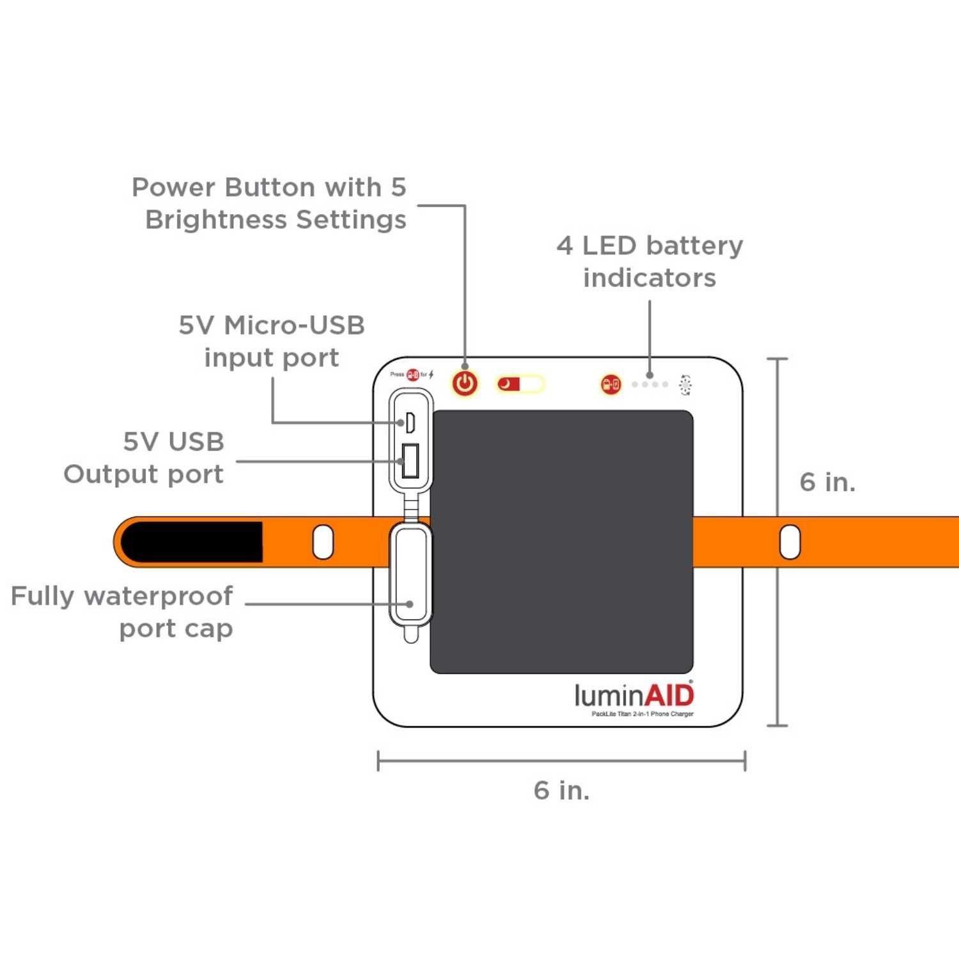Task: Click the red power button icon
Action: [x=465, y=384]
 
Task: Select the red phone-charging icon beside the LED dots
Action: [x=611, y=384]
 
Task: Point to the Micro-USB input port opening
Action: [x=410, y=422]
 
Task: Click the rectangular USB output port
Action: [x=410, y=461]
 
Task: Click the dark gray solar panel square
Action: [x=562, y=542]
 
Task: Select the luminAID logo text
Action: [x=634, y=695]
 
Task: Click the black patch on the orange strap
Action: [x=192, y=542]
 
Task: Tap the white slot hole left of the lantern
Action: [x=323, y=542]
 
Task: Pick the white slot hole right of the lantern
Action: [x=790, y=542]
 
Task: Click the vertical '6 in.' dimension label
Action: [x=827, y=482]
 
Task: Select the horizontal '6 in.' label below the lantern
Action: [x=561, y=790]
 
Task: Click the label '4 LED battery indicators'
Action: [x=650, y=261]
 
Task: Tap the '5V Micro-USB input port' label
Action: [x=272, y=341]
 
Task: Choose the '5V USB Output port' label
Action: [x=144, y=458]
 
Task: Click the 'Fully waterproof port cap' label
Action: [x=123, y=612]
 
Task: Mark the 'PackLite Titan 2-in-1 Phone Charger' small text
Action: [x=642, y=713]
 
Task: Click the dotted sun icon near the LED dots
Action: [x=685, y=384]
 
